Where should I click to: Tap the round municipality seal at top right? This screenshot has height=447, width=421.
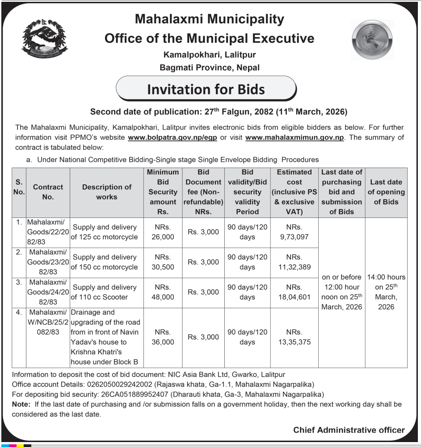[372, 40]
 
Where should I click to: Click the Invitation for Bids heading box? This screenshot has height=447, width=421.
[206, 89]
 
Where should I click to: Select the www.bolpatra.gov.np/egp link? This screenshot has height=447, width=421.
[172, 137]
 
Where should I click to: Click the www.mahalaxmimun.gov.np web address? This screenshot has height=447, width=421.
[295, 137]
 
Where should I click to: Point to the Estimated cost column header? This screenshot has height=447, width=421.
[294, 192]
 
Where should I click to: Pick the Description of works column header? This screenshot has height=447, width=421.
[106, 192]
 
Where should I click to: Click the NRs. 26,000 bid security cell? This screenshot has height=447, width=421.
[163, 232]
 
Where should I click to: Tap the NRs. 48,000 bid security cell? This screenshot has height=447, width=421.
[163, 292]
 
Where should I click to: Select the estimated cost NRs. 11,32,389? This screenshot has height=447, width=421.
[294, 262]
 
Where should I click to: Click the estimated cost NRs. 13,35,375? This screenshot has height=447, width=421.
[294, 337]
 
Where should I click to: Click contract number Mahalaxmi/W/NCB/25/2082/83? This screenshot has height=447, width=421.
[48, 322]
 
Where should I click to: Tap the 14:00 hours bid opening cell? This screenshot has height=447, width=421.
[386, 292]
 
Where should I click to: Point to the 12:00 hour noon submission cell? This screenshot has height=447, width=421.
[341, 292]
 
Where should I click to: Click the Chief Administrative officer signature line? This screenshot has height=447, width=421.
[349, 430]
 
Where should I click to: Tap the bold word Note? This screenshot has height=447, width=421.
[21, 404]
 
